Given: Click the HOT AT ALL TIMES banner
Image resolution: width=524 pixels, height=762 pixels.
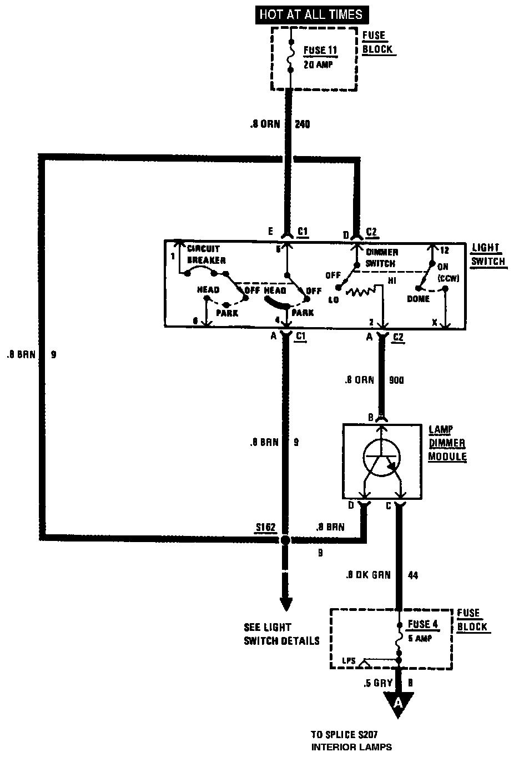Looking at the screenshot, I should click(310, 14).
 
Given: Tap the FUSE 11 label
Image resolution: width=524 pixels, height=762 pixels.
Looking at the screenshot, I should click(320, 50).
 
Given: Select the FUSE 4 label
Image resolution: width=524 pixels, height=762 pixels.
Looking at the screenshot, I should click(423, 624).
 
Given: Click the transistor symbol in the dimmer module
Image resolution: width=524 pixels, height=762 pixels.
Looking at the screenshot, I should click(381, 458).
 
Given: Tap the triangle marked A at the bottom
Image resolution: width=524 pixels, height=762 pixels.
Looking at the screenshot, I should click(397, 704).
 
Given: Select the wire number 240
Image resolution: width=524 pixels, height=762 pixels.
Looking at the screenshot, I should click(302, 124).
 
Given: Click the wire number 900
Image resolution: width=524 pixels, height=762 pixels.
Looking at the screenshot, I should click(396, 380).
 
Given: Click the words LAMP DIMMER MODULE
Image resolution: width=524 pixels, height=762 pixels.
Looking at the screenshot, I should click(447, 443).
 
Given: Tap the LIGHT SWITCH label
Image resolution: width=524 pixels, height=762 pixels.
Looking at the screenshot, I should click(487, 254).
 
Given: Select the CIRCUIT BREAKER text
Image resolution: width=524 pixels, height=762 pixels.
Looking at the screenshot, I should click(206, 254).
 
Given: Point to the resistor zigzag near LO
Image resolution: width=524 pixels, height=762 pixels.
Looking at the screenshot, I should click(360, 292).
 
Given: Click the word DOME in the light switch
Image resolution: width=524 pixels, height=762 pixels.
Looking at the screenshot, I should click(418, 299).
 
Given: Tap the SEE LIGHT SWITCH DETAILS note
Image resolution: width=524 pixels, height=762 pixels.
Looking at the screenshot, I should click(281, 634).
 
